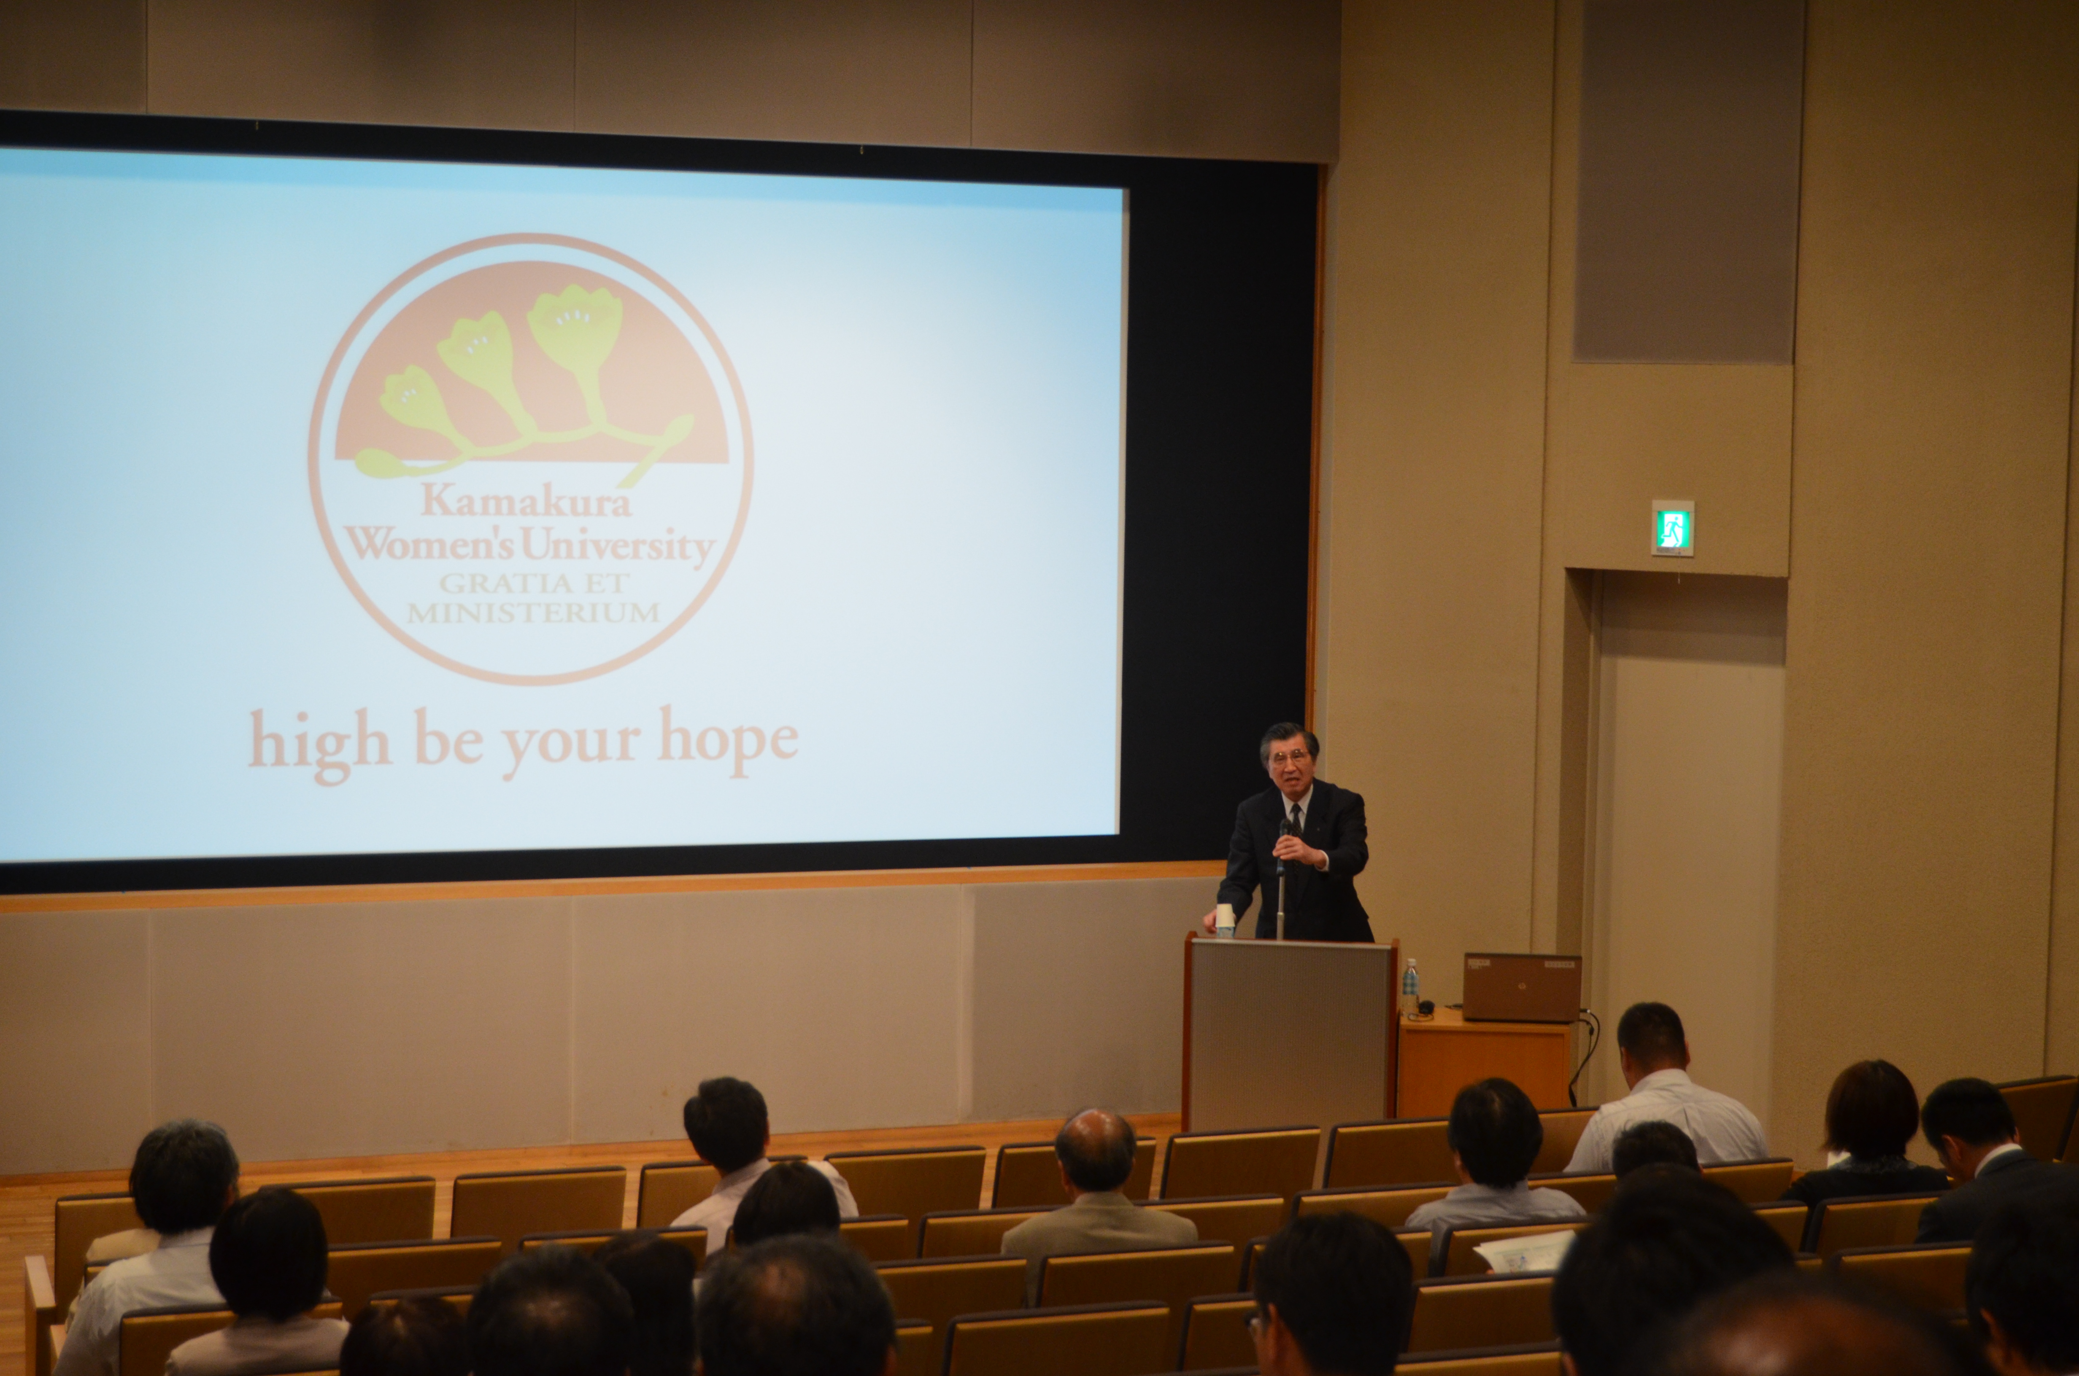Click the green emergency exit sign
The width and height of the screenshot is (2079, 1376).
[1672, 528]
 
